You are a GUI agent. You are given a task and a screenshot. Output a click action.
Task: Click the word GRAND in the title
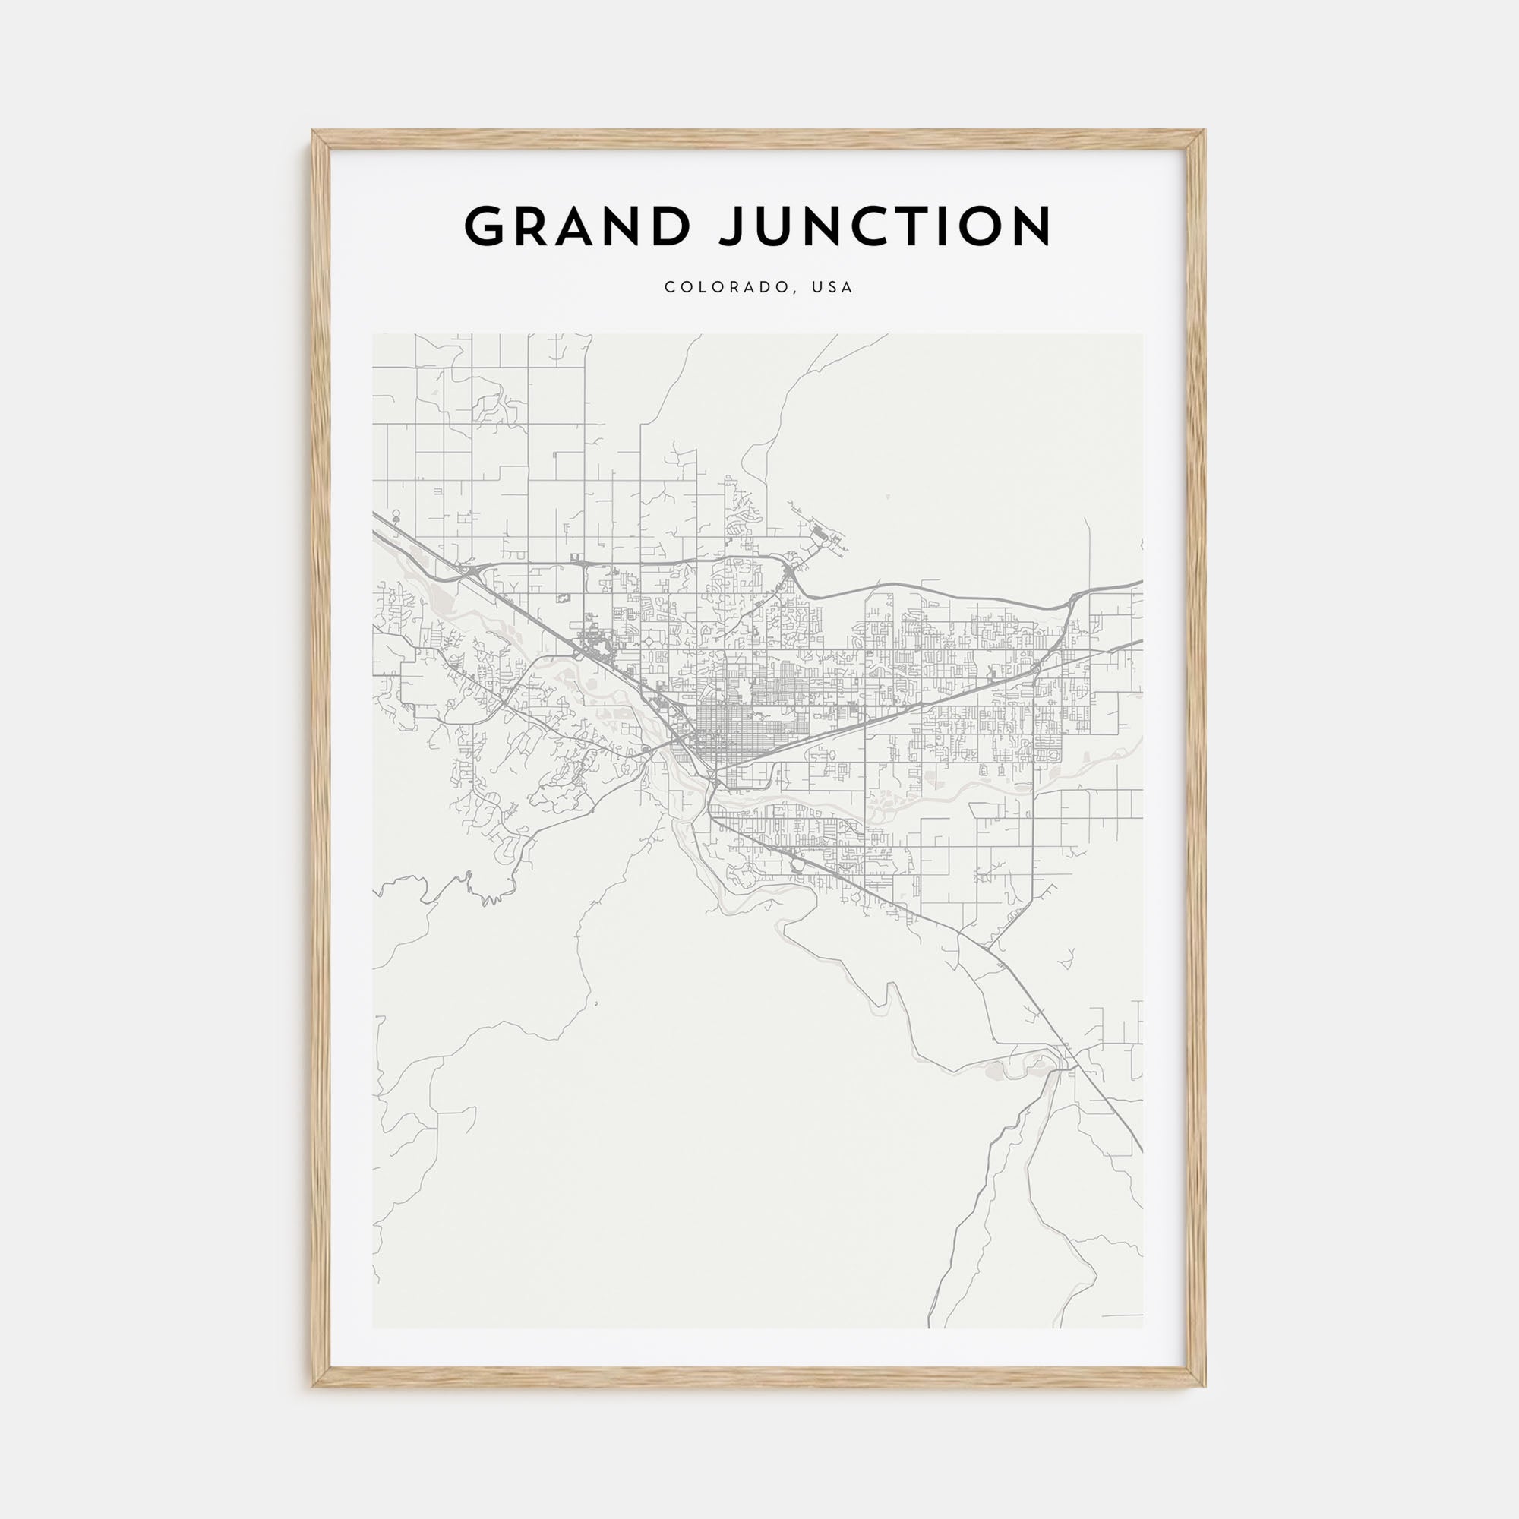(576, 226)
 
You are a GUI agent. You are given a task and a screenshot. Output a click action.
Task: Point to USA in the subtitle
(833, 288)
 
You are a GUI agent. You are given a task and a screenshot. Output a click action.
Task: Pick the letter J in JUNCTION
(736, 226)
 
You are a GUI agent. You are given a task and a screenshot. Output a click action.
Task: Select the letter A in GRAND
(576, 226)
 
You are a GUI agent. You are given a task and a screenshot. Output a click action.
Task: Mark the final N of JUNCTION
(1030, 226)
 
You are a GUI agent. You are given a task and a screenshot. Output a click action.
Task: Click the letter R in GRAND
(531, 226)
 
